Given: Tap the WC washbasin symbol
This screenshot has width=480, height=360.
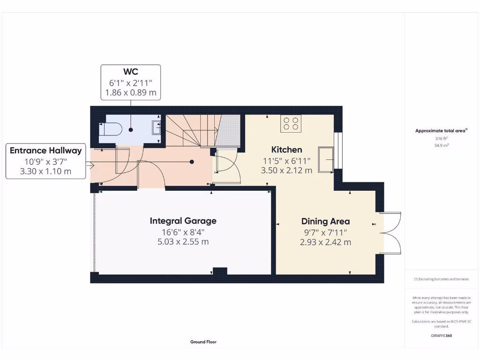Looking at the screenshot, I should [157, 127].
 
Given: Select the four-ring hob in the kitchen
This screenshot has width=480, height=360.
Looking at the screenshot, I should [291, 123].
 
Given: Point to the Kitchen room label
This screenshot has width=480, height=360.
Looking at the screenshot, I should [286, 150].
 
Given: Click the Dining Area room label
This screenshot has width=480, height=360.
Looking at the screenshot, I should [325, 221].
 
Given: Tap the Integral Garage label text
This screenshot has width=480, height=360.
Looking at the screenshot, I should [183, 220].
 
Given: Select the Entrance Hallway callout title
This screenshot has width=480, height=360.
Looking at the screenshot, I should [46, 150].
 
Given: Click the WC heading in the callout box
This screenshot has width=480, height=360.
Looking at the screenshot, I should [131, 72].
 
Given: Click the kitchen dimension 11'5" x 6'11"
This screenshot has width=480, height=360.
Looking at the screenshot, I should [286, 161].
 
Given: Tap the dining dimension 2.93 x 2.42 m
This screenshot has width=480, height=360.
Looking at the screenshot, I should [325, 242].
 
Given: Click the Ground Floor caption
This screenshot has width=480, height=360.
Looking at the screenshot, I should [203, 342].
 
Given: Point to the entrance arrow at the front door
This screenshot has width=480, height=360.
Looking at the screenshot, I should [89, 165].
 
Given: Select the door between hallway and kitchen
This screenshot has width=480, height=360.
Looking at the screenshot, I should [226, 167].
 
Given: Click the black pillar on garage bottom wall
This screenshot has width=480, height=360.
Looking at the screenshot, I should [220, 271].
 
